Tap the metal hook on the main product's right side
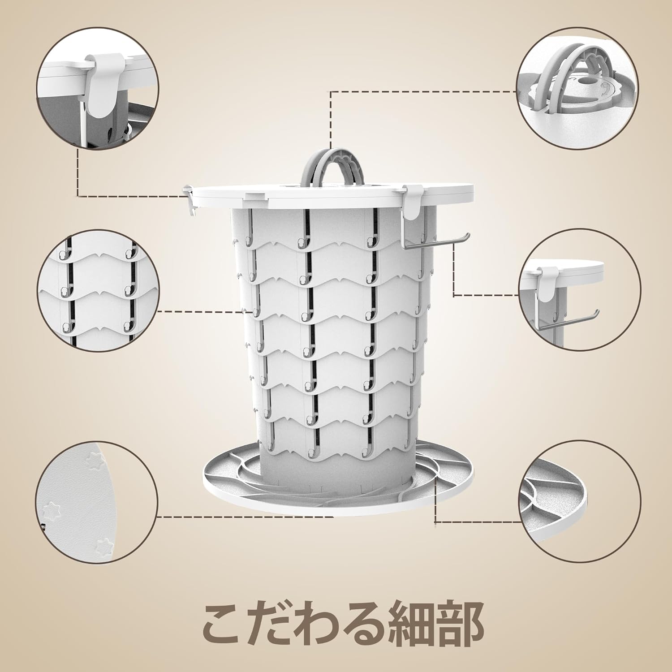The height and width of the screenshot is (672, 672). pos(435,240)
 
